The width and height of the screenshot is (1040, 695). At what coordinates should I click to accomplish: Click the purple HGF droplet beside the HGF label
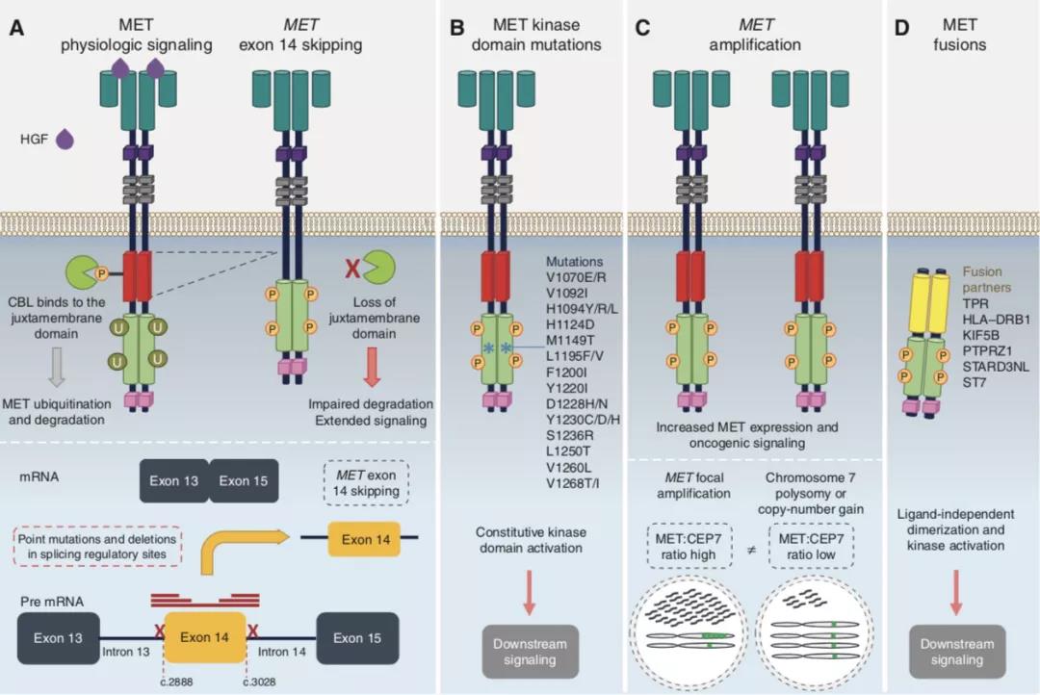point(66,140)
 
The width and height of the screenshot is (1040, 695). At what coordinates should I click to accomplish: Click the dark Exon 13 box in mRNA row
point(174,480)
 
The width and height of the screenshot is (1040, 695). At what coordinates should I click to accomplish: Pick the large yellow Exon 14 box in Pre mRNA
point(206,637)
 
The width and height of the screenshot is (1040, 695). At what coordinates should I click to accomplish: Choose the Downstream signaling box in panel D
point(956,651)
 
